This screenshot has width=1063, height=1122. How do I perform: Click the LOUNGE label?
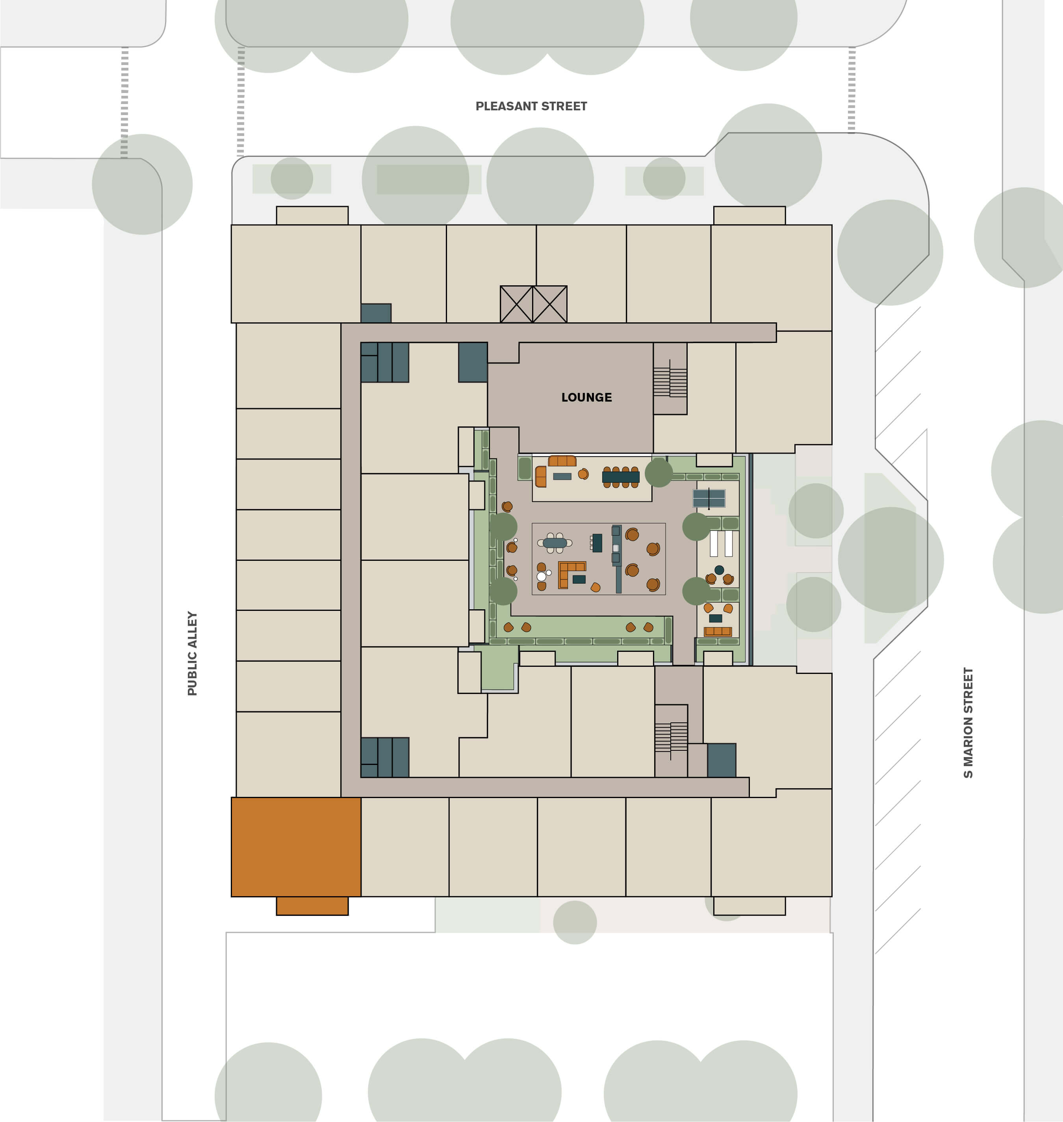click(x=586, y=397)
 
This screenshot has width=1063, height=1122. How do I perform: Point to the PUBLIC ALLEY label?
click(x=193, y=653)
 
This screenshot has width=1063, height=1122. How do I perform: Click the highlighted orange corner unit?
click(x=296, y=847)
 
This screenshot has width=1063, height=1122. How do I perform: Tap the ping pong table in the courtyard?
click(x=709, y=499)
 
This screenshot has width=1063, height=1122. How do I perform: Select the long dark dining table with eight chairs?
click(x=620, y=477)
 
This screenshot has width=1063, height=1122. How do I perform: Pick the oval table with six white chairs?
click(x=555, y=543)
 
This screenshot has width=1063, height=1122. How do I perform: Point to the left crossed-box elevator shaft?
click(x=516, y=305)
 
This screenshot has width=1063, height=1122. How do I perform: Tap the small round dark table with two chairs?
click(x=719, y=570)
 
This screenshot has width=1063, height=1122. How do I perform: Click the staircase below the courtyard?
click(x=671, y=737)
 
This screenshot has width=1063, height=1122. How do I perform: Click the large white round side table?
click(x=541, y=577)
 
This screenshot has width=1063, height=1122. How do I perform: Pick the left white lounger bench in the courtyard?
click(x=713, y=543)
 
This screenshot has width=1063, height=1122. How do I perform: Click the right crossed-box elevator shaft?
click(x=550, y=305)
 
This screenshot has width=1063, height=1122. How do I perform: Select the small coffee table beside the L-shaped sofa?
click(x=579, y=579)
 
